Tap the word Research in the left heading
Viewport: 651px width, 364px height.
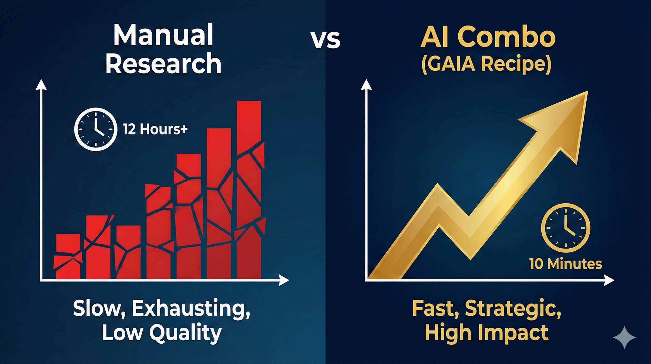point(163,63)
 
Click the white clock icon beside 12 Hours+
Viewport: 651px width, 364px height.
point(96,129)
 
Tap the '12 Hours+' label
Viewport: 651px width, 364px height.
point(155,129)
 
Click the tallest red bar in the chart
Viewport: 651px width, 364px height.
point(249,190)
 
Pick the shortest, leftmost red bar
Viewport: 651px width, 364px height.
point(68,257)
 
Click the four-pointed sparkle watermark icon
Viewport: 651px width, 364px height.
point(624,337)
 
